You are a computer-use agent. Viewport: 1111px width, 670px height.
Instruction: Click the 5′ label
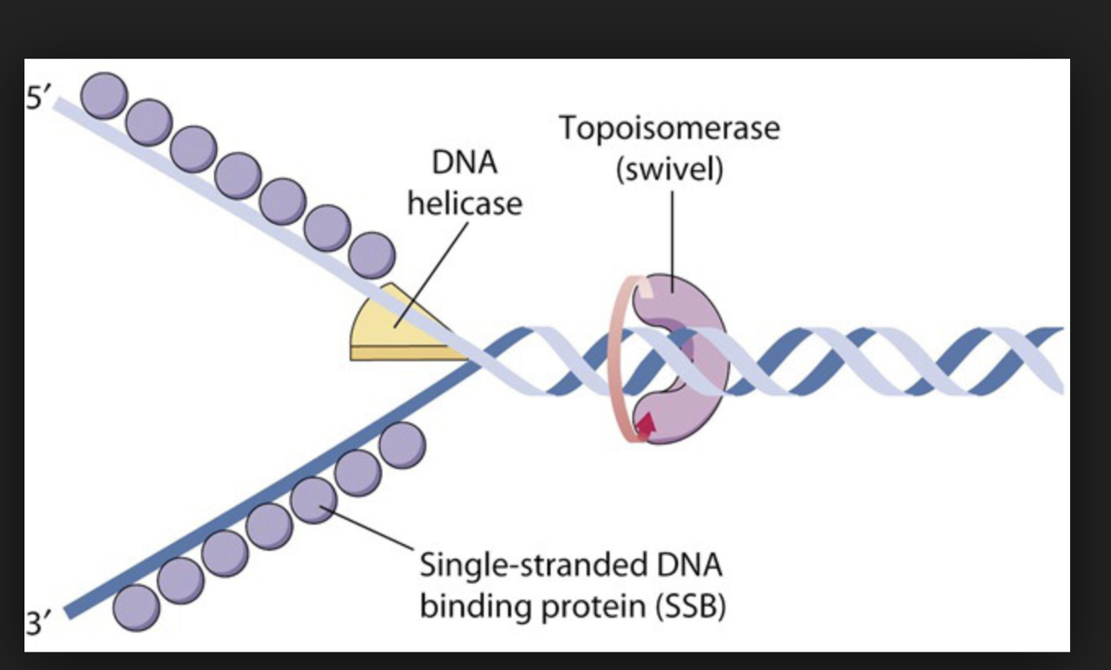(x=39, y=99)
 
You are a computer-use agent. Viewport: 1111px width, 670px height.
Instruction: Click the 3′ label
(x=38, y=623)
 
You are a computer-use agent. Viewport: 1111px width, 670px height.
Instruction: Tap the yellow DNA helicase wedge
(x=391, y=329)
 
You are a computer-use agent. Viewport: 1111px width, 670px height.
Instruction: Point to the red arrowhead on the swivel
(x=645, y=426)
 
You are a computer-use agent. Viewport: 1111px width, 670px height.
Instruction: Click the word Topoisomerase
(x=670, y=129)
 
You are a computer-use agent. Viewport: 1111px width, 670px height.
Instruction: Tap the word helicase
(x=465, y=202)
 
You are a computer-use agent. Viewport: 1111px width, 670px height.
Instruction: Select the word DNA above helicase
(x=465, y=162)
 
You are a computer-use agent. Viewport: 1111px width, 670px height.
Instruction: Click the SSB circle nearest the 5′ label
(x=105, y=95)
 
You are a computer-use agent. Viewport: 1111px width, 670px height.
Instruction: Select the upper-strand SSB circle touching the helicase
(x=371, y=255)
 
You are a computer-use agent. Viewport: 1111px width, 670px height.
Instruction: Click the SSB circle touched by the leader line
(x=313, y=500)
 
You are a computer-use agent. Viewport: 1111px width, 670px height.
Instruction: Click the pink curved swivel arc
(x=620, y=358)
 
